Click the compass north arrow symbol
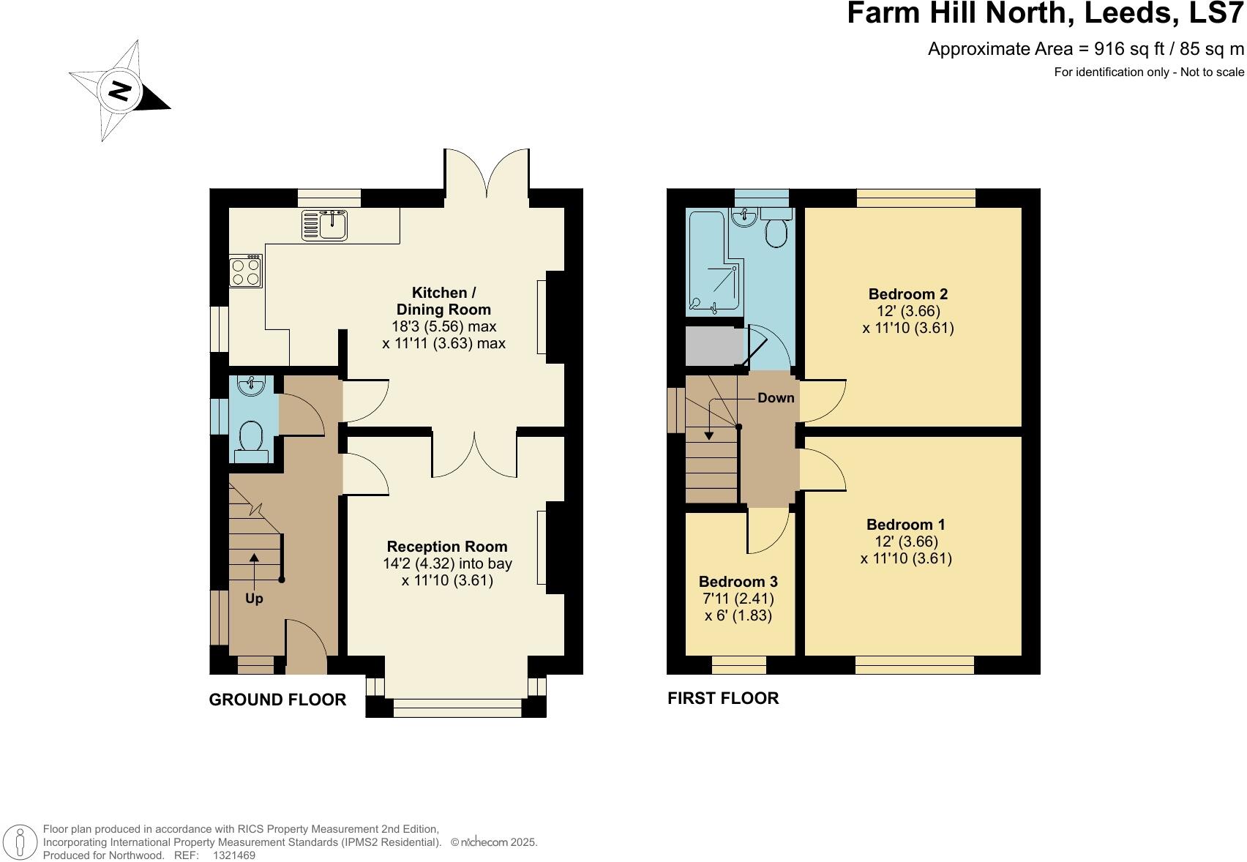point(120,91)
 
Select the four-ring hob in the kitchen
point(246,271)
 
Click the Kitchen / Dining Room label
point(443,301)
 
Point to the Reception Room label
point(446,547)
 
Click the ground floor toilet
point(252,441)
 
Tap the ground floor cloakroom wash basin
point(250,385)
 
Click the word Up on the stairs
point(254,599)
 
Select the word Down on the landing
point(776,398)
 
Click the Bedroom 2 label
point(907,294)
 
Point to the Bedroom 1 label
point(905,525)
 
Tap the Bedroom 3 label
point(738,582)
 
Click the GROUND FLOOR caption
point(277,700)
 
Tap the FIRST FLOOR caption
point(722,698)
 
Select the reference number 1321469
point(233,855)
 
